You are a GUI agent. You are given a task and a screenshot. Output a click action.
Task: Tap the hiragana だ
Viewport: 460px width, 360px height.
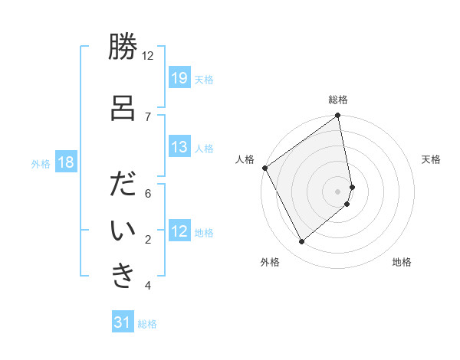tap(122, 186)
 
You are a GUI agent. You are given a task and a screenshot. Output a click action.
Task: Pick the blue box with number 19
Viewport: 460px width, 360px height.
tap(179, 78)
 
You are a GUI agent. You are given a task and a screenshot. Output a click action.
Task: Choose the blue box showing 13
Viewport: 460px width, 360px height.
tap(179, 147)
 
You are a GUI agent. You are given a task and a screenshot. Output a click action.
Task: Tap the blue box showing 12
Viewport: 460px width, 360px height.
tap(179, 231)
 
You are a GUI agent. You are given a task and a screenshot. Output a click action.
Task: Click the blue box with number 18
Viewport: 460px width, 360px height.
tap(65, 162)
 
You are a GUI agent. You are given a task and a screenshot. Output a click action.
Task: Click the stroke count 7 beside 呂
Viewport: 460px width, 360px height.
tap(148, 116)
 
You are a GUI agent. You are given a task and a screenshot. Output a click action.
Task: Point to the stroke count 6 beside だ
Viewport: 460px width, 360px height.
tap(148, 193)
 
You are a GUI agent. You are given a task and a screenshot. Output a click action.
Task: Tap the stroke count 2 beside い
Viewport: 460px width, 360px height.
tap(148, 240)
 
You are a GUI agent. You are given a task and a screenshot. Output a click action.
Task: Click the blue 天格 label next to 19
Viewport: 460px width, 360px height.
tap(204, 79)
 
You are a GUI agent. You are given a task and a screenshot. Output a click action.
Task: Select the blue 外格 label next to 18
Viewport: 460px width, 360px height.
tap(41, 163)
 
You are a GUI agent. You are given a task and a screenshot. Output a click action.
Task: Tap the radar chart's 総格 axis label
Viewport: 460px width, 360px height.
tap(338, 100)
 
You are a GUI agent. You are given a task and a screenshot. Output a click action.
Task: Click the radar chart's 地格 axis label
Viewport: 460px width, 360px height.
tap(402, 262)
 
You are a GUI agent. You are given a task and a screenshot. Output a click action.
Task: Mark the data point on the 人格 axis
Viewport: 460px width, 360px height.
tap(264, 168)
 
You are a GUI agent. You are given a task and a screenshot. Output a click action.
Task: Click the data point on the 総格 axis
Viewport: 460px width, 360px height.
tap(338, 116)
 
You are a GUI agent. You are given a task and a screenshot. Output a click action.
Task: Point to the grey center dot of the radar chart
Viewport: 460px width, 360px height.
tap(338, 191)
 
